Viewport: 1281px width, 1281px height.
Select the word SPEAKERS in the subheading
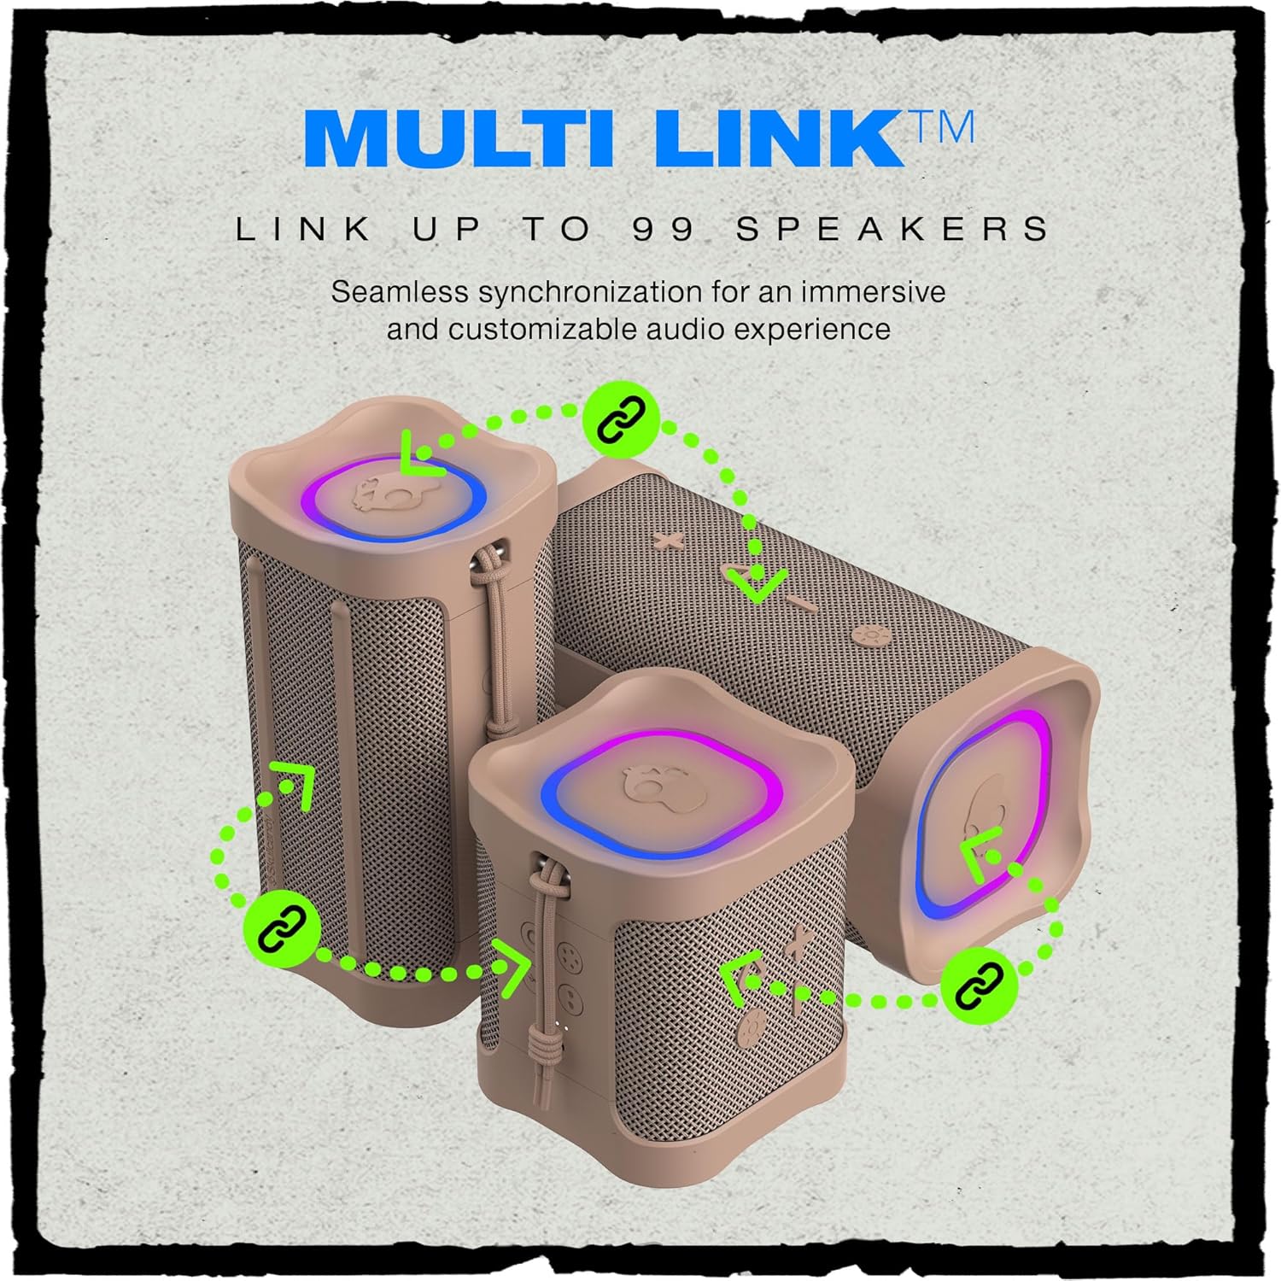tap(893, 229)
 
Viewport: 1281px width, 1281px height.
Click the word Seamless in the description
tap(400, 292)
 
